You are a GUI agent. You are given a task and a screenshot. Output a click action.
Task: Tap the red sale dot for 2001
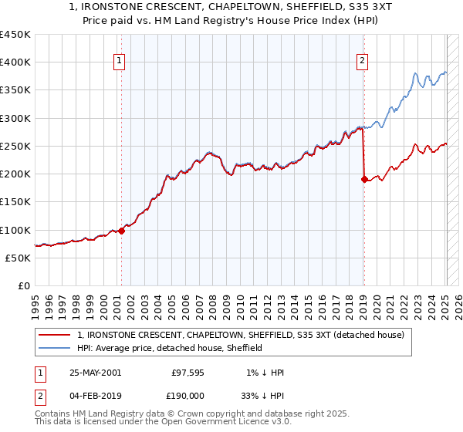pyautogui.click(x=121, y=231)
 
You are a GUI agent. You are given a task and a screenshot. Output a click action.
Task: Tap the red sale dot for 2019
pyautogui.click(x=363, y=179)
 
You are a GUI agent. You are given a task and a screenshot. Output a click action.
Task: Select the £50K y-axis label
pyautogui.click(x=18, y=258)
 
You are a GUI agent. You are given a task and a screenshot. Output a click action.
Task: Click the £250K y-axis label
pyautogui.click(x=15, y=146)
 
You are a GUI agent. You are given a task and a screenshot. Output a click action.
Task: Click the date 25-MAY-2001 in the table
pyautogui.click(x=95, y=372)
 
